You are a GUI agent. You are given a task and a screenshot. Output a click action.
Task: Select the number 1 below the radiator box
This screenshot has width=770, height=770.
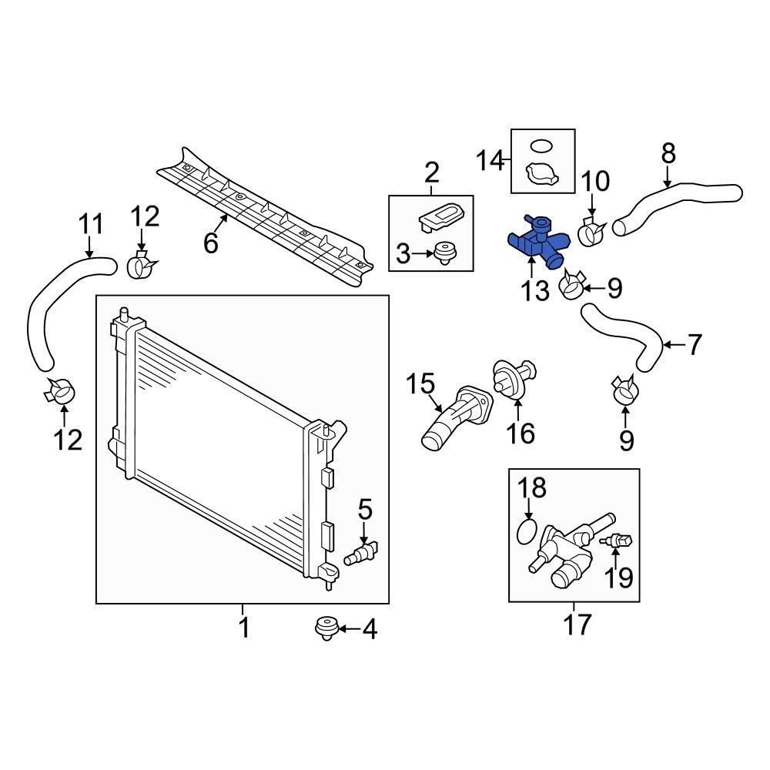(243, 628)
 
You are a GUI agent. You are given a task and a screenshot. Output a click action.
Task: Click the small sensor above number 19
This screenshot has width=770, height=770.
(621, 542)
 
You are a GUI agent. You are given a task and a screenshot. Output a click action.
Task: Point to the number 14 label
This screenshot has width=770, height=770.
(490, 161)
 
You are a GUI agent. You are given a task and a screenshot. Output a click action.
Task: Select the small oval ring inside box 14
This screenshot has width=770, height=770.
(543, 145)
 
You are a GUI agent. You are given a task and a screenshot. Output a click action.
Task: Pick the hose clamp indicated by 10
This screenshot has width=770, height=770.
(593, 231)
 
